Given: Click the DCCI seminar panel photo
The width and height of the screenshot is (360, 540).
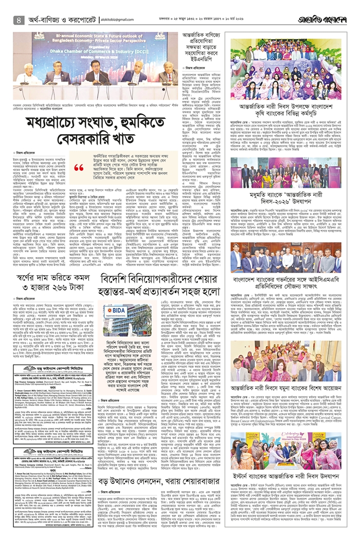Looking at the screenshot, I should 96,64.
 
